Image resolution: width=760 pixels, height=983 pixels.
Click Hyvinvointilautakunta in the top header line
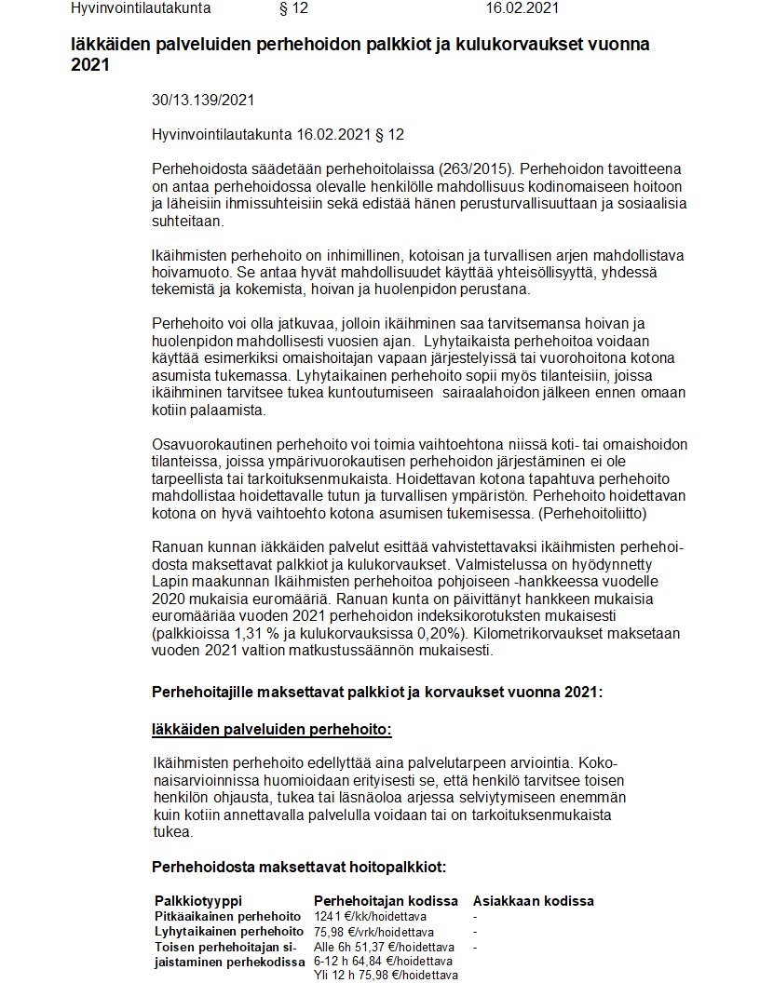[141, 8]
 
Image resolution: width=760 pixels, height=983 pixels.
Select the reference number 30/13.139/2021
[203, 100]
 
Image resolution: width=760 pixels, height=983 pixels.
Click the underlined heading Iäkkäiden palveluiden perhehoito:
[272, 729]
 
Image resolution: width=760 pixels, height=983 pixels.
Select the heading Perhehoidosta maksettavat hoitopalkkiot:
[299, 867]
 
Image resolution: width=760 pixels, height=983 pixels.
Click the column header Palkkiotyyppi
[197, 901]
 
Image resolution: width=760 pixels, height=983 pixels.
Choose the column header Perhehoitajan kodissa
[386, 901]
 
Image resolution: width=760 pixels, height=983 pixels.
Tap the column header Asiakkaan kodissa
[534, 901]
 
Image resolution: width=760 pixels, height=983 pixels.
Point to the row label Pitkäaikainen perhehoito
[227, 916]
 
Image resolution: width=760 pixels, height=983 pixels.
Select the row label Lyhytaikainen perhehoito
[227, 931]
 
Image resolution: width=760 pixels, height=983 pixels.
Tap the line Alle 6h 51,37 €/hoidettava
[383, 946]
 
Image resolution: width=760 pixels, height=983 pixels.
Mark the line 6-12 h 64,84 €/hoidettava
[384, 961]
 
